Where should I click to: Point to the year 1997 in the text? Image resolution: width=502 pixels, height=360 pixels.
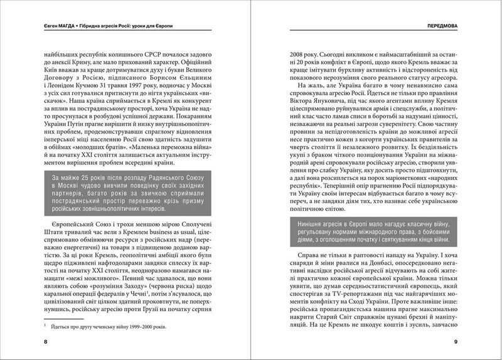(140, 86)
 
